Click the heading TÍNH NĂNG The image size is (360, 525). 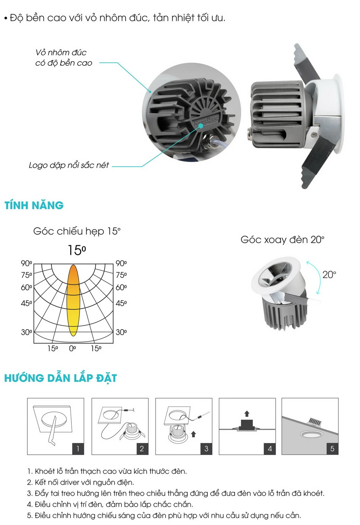coord(34,205)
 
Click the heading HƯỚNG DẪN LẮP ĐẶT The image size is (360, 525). coord(61,378)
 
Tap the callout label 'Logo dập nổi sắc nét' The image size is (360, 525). coord(69,165)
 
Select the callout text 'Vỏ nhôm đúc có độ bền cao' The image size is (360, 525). coord(64,58)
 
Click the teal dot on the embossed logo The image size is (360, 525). coord(200,126)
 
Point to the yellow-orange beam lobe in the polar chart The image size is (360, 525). coord(73,300)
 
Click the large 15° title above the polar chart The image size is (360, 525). coord(77,250)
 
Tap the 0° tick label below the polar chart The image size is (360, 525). coord(73,348)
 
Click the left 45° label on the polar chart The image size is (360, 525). coord(26,303)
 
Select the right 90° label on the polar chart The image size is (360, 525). coord(121,263)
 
